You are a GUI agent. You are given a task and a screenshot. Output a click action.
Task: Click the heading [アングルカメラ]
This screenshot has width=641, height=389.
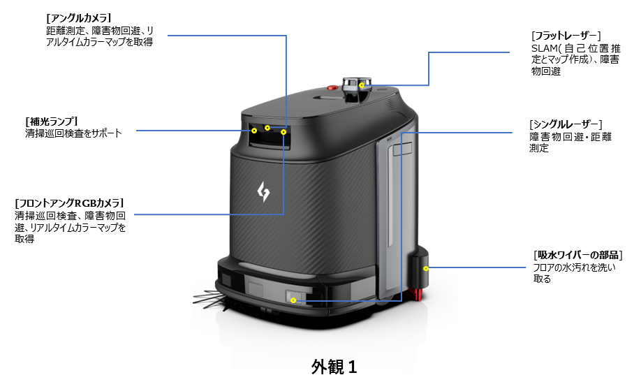coord(78,17)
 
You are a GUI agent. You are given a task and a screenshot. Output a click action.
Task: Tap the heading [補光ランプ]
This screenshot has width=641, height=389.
coord(52,120)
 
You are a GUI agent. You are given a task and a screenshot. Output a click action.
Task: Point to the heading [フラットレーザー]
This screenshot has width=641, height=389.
coord(566,35)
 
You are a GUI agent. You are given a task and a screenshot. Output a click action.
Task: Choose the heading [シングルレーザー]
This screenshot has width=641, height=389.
coord(566,124)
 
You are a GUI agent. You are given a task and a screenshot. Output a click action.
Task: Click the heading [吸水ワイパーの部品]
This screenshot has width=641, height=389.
coord(577,254)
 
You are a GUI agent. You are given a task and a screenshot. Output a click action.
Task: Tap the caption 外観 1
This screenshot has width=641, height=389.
coord(334,367)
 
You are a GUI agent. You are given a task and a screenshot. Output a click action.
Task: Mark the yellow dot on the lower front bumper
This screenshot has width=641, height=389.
coord(294,300)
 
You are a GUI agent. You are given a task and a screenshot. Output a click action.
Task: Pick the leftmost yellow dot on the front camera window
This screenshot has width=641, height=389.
coord(255,130)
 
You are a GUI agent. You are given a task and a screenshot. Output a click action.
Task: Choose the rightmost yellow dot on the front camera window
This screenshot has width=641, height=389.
coord(283,131)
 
